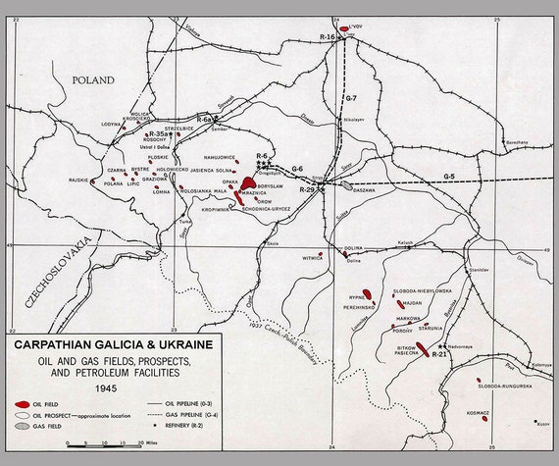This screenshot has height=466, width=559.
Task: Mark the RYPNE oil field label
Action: click(x=356, y=295)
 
